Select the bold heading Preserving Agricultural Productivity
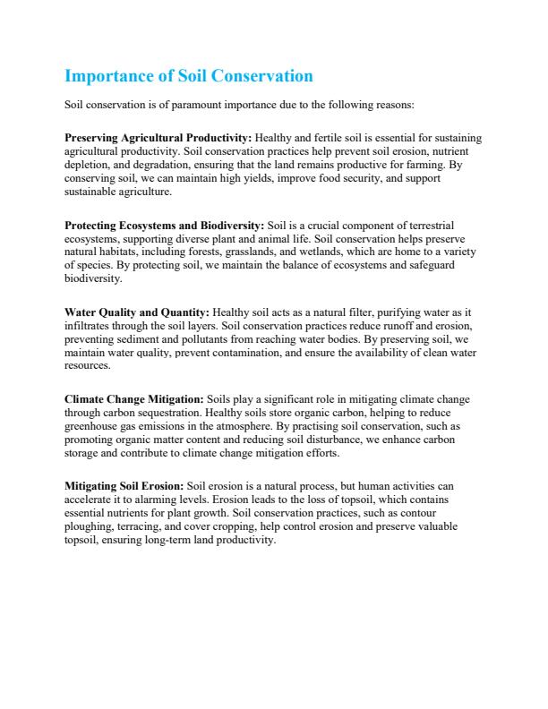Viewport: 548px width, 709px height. [158, 138]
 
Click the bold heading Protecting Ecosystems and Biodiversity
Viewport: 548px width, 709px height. [164, 224]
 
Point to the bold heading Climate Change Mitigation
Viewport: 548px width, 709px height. [134, 398]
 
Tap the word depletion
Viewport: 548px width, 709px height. [88, 165]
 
